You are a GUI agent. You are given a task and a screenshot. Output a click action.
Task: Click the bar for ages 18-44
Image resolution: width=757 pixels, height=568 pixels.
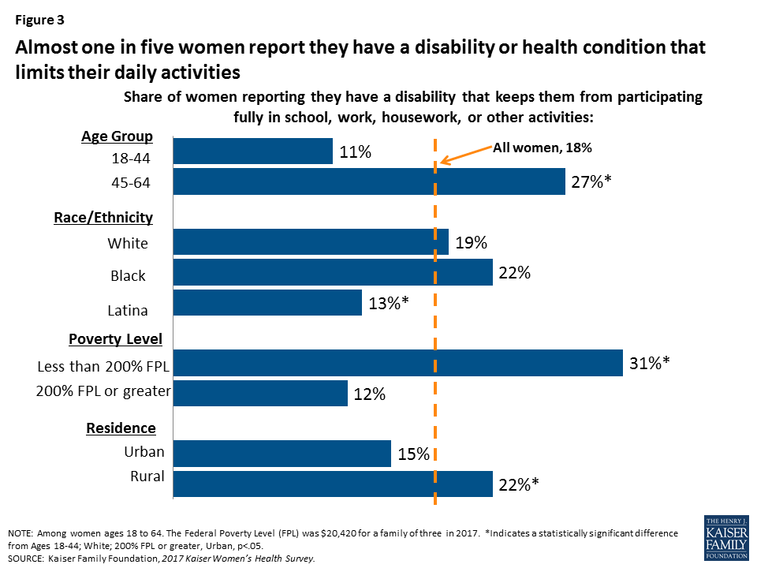pos(252,151)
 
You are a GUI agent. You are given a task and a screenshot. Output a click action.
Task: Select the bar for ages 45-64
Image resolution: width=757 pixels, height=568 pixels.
pos(369,182)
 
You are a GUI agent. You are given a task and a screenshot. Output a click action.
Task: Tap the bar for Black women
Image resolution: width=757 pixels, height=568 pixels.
pos(332,273)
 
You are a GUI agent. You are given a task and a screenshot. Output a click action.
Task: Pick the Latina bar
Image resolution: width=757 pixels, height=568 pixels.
pos(267,303)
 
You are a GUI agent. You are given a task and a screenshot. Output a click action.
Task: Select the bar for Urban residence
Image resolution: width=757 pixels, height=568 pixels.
pos(282,454)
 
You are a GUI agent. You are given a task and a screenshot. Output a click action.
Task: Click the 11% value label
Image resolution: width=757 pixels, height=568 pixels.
pos(355,152)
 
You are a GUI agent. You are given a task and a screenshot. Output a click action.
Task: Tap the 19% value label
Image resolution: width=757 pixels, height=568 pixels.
pos(471,243)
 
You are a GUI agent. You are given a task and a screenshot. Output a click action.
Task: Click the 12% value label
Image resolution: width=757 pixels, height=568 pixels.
pos(370,394)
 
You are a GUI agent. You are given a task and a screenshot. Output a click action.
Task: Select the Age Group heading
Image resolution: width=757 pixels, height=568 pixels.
pos(117,136)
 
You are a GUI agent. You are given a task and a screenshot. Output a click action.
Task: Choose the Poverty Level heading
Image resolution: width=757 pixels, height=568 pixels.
pos(115,339)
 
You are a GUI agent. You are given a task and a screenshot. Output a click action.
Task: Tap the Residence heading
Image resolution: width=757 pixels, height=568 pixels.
pos(121,428)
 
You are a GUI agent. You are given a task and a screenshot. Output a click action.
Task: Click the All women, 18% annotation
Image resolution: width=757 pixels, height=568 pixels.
pos(542,147)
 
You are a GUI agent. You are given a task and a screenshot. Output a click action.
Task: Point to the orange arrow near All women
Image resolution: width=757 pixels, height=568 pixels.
pos(465,155)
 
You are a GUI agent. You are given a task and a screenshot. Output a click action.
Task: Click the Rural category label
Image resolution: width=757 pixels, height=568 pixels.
pos(147,476)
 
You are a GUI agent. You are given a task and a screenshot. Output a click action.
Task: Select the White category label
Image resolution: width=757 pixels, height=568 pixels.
pos(128,243)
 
